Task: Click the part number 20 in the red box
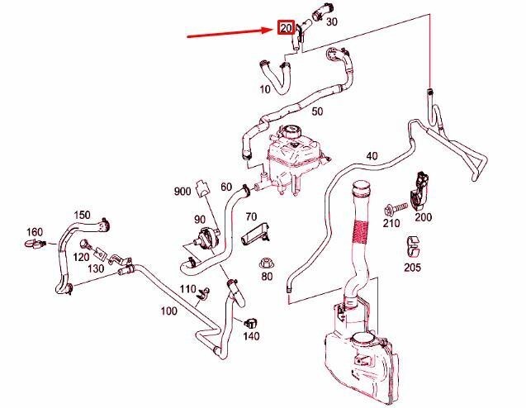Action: (287, 29)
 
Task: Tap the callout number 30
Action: (331, 22)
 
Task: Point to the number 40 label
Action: (371, 155)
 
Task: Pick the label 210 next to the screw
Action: (392, 222)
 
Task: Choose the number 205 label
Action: (413, 267)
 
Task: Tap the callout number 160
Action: (35, 231)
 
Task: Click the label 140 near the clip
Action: (252, 336)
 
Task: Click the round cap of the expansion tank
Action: (291, 133)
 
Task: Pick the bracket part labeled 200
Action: (423, 187)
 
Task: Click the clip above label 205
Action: (413, 245)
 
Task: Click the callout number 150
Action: (82, 215)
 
